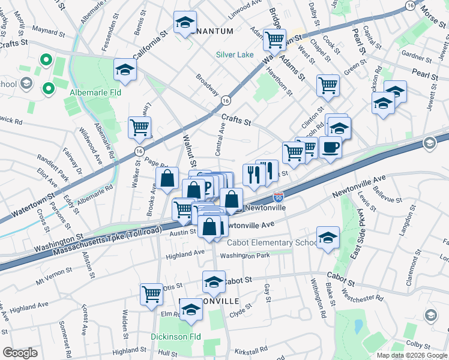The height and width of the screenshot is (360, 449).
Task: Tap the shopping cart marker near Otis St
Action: (x=151, y=293)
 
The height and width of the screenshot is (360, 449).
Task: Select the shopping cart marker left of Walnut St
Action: (x=139, y=127)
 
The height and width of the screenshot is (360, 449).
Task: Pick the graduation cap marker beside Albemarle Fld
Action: (x=125, y=70)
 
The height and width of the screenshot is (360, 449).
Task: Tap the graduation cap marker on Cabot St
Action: (x=214, y=281)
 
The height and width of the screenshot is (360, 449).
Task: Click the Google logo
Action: (x=20, y=353)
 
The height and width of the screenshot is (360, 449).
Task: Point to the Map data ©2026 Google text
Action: (x=412, y=355)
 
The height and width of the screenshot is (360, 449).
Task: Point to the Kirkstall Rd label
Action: (x=251, y=349)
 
